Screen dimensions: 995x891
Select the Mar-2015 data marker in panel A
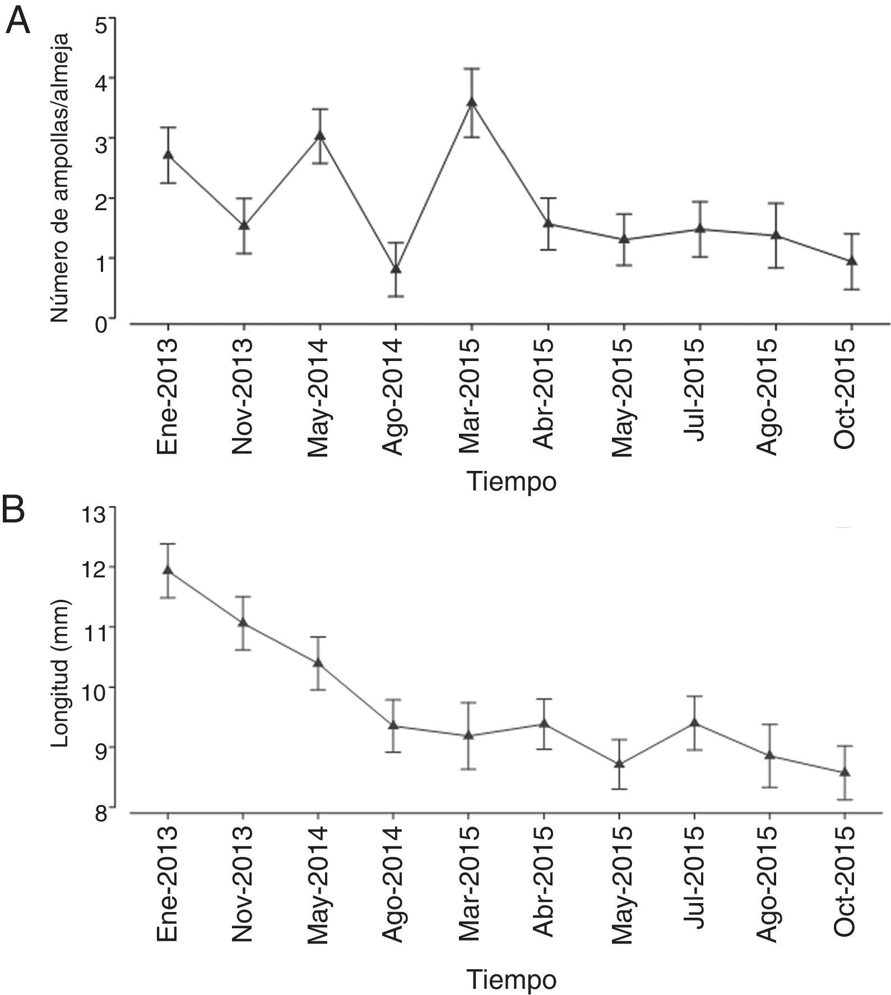(472, 102)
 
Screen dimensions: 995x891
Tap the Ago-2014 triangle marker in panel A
(396, 269)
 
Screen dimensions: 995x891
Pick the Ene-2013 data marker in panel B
(168, 570)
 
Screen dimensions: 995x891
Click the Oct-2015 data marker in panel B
(844, 772)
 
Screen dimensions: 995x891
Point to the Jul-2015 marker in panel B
(695, 723)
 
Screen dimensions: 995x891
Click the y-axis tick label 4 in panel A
(101, 78)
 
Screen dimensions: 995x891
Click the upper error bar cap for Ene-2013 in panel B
(168, 544)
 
